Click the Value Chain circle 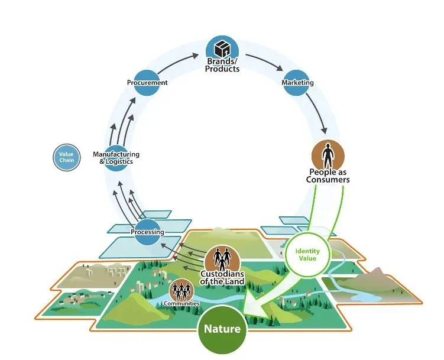click(67, 157)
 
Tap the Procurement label click(147, 83)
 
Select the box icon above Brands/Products click(222, 48)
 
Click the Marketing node click(297, 83)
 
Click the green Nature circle click(222, 328)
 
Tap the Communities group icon click(181, 290)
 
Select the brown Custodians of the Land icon click(222, 258)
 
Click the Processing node click(148, 232)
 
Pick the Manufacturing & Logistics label click(116, 158)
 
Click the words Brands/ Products click(222, 65)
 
